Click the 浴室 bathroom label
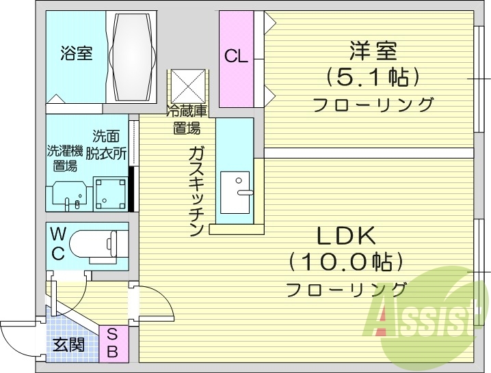tap(76, 53)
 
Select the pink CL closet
tap(236, 57)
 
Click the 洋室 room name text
tap(373, 51)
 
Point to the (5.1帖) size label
tap(373, 77)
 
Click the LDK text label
tap(345, 236)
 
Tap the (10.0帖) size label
tap(345, 262)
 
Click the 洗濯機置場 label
tap(62, 158)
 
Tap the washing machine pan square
tap(110, 193)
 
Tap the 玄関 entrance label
tap(68, 345)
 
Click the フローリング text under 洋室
tap(373, 105)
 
